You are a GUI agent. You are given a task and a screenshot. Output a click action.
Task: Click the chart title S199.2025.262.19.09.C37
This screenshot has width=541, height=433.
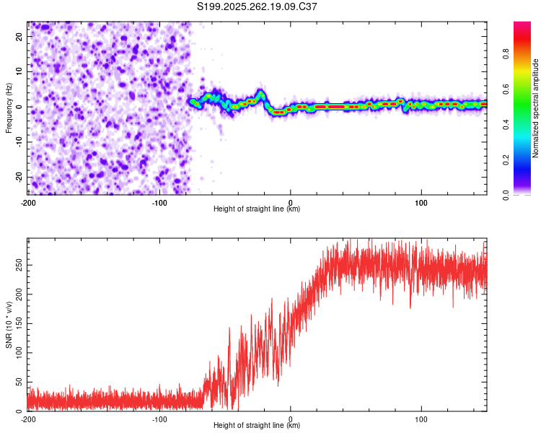[258, 6]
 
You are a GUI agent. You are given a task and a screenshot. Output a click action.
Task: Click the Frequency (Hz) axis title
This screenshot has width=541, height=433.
[9, 108]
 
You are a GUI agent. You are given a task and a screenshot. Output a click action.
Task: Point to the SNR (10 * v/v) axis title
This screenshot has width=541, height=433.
[9, 325]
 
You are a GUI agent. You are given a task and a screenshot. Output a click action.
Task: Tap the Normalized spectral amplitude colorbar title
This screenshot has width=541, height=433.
[536, 108]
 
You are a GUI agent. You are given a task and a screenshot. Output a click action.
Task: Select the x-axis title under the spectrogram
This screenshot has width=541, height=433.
[257, 209]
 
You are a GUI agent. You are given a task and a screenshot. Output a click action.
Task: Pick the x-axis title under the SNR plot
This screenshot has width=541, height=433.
[257, 426]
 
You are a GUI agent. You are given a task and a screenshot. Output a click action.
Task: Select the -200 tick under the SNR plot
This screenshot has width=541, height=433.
[28, 419]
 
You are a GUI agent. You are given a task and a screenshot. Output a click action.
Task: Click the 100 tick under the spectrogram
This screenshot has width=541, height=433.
[421, 202]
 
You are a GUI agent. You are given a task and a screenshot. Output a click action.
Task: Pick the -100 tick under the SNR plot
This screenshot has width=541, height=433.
[159, 419]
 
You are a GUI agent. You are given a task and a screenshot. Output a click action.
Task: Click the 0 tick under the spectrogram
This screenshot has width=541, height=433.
[291, 202]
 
